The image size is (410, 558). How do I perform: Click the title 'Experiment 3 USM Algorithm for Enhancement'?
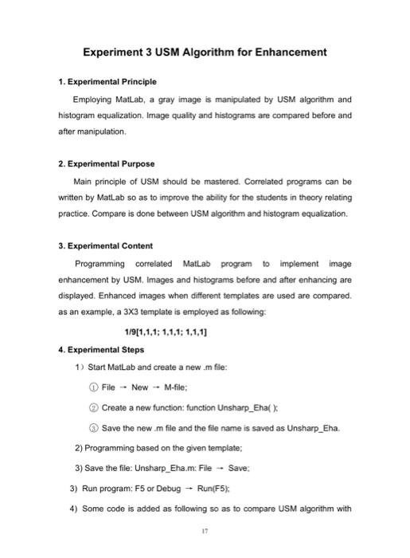[205, 53]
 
